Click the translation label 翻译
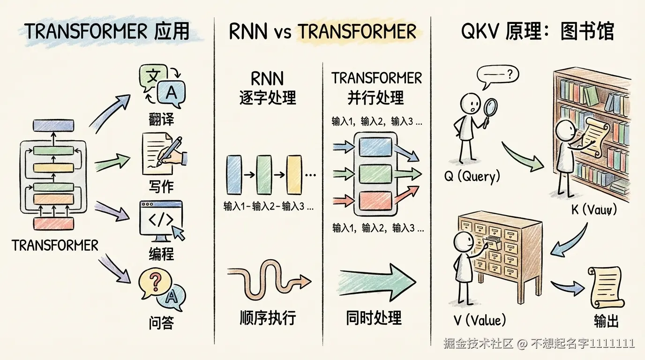pos(161,119)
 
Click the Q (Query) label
pos(472,177)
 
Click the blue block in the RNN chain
pos(233,175)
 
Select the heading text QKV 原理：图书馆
pos(537,32)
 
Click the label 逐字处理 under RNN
pos(268,98)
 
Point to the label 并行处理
pos(376,98)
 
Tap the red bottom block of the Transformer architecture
pos(53,223)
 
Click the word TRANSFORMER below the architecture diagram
pos(55,245)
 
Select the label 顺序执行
pos(268,318)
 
